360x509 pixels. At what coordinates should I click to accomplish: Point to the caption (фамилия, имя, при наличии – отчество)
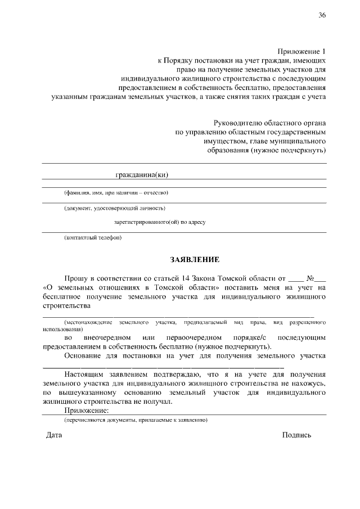click(x=116, y=193)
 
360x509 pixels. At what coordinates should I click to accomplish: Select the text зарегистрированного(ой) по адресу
click(x=159, y=222)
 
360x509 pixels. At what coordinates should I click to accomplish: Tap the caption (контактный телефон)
click(x=93, y=237)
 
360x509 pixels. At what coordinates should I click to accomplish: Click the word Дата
click(x=54, y=435)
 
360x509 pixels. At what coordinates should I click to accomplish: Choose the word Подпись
click(x=296, y=435)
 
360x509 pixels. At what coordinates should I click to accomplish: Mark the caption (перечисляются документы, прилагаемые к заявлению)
click(x=136, y=420)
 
